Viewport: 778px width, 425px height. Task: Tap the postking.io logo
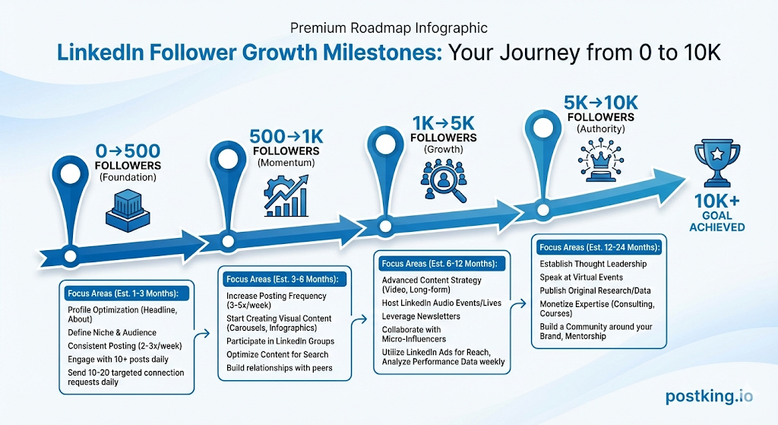point(709,396)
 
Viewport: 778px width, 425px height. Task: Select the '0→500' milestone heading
point(128,151)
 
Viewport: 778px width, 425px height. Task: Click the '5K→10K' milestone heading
point(601,103)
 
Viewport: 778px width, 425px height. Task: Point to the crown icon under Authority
point(601,160)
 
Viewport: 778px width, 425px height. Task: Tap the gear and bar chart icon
point(286,196)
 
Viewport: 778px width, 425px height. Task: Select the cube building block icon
point(128,211)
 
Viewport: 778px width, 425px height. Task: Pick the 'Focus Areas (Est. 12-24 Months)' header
point(599,247)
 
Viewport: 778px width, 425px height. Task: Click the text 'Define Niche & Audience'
point(112,333)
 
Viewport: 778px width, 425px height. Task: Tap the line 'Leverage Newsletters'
point(421,316)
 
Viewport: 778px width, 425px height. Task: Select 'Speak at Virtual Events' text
point(581,278)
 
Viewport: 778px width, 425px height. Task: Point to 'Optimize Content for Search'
point(277,354)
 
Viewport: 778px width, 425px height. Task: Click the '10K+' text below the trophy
point(716,201)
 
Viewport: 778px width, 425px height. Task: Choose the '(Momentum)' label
point(286,163)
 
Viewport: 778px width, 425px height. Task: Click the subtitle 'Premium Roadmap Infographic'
point(389,28)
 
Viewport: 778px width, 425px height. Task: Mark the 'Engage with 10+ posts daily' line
point(118,360)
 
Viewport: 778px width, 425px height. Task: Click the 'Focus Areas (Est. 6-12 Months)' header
point(439,264)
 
